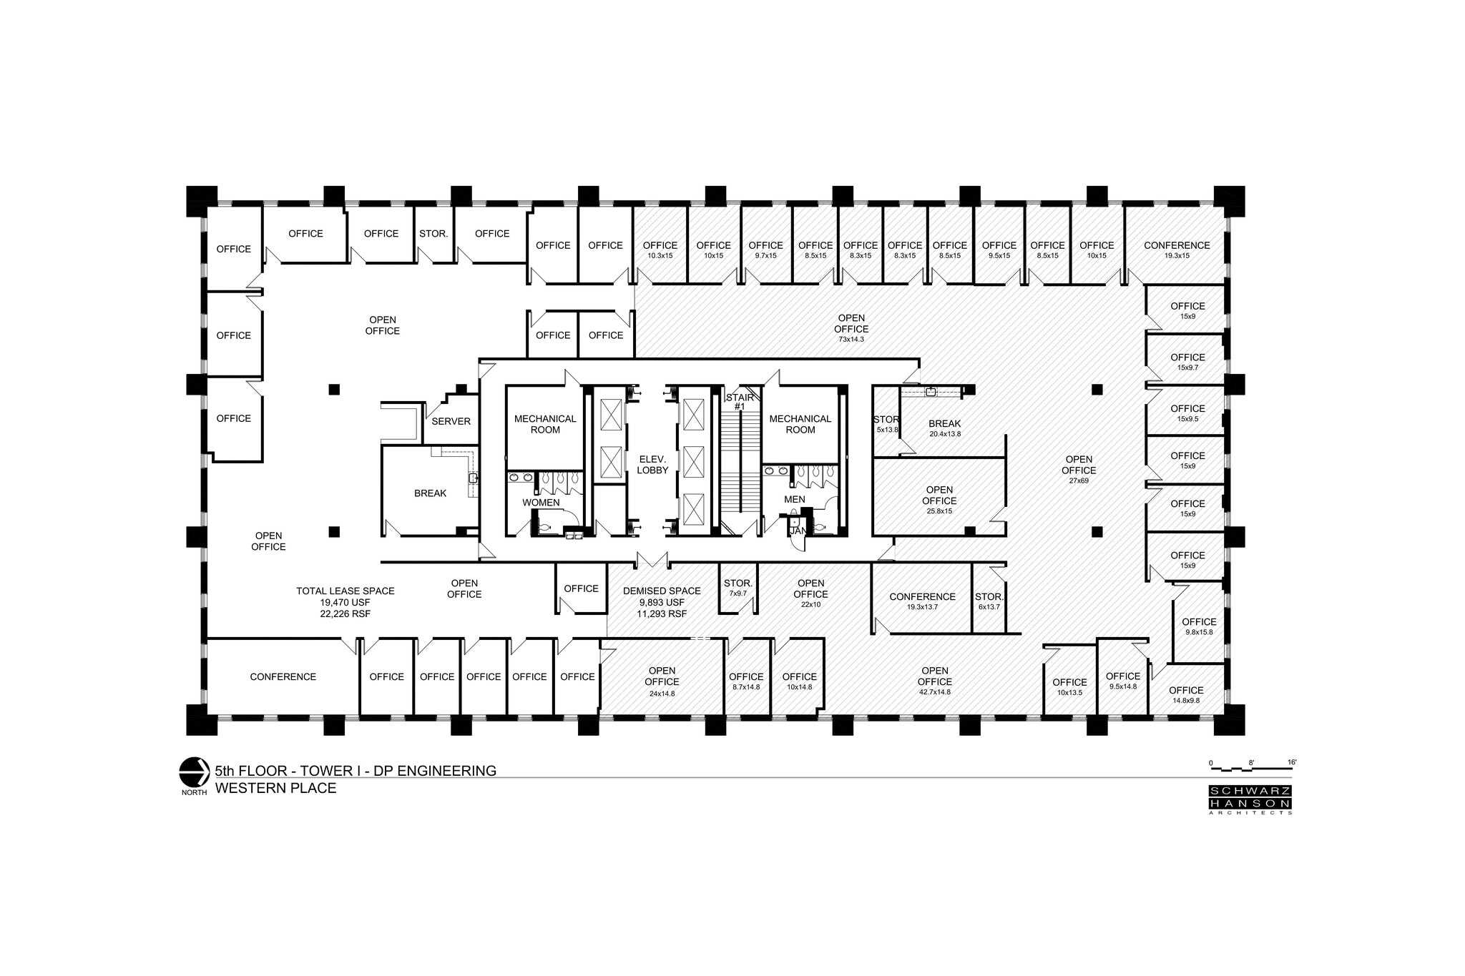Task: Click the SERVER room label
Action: pos(451,421)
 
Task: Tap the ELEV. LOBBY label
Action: pos(652,465)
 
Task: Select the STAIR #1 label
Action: pos(740,402)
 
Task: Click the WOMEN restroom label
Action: pos(541,503)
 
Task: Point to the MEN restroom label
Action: pos(794,499)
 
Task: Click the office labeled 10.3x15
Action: pos(660,250)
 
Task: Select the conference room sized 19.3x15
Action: pos(1176,250)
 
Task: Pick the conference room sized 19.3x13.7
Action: pos(922,601)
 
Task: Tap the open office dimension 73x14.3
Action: pos(851,339)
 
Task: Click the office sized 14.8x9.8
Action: pos(1186,694)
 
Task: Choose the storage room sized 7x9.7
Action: pos(738,588)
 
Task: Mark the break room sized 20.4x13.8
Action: pos(944,428)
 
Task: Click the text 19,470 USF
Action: pos(346,602)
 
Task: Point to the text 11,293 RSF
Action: pos(662,613)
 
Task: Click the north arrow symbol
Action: pos(192,772)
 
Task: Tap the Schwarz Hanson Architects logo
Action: pos(1250,800)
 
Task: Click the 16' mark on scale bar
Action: pos(1291,763)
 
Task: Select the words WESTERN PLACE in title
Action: pos(275,789)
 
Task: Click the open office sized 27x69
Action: pos(1078,470)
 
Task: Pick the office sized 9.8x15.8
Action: pos(1199,626)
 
